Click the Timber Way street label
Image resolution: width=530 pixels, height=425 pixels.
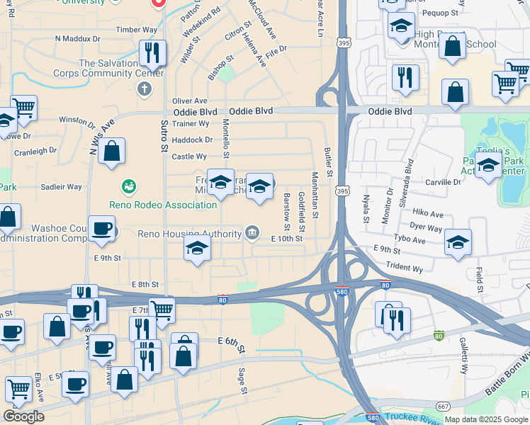(137, 29)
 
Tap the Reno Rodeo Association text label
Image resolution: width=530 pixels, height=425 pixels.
(163, 205)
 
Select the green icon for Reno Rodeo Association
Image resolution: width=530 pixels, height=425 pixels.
(128, 187)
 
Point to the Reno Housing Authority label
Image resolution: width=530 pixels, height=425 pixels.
(189, 234)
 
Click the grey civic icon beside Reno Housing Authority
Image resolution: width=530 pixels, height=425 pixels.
(252, 232)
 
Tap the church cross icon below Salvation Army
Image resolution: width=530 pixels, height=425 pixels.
(145, 89)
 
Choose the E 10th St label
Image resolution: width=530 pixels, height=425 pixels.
(287, 239)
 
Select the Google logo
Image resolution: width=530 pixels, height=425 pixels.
(23, 416)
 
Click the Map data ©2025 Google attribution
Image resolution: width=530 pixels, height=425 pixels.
(486, 419)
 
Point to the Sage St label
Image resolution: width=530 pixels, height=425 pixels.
(242, 380)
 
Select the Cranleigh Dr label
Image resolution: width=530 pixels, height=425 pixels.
(35, 151)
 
